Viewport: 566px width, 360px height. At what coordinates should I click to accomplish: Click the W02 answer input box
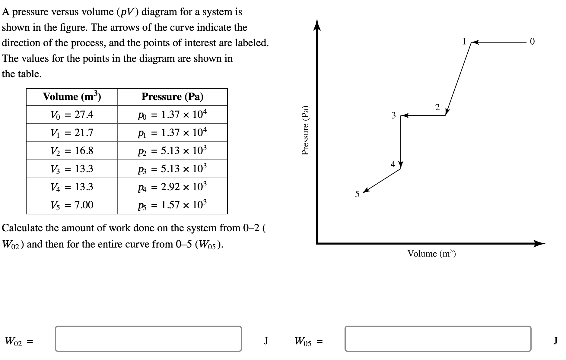point(148,339)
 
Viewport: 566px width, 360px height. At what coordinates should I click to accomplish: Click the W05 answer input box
point(438,339)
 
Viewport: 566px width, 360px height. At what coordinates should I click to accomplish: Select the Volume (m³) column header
point(72,97)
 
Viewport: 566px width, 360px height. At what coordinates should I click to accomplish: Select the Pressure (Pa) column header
point(172,97)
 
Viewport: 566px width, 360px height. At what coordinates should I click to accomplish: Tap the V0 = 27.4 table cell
point(72,115)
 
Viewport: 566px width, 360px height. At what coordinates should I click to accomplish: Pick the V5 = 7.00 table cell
point(72,205)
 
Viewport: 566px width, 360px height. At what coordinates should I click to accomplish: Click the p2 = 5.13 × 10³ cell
point(172,151)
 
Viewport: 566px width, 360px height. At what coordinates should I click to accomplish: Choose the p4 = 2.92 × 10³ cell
point(172,187)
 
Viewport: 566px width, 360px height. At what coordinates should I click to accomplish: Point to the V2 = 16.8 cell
point(72,151)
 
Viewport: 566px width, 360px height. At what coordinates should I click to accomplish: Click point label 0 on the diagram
point(532,42)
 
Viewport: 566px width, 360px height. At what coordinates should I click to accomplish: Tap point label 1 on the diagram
point(465,41)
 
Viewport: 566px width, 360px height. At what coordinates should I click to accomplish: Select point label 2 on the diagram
point(437,107)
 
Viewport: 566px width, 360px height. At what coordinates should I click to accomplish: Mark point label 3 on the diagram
point(393,115)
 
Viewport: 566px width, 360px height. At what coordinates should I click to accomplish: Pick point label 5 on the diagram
point(357,194)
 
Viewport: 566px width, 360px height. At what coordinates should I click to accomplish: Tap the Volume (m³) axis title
point(431,254)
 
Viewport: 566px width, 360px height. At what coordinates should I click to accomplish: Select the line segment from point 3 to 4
point(401,140)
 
